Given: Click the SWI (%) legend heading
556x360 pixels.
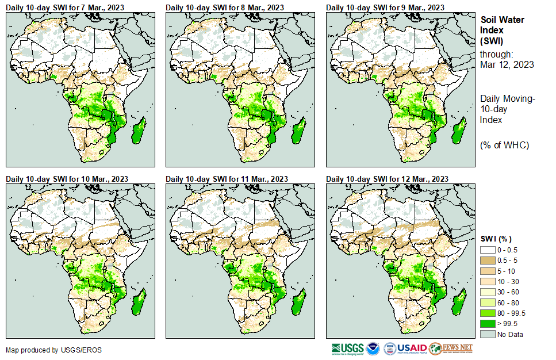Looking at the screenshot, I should coord(496,239).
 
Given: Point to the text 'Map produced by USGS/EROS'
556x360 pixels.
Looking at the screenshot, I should coord(54,350).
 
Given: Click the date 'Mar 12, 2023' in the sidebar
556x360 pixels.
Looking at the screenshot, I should coord(507,65).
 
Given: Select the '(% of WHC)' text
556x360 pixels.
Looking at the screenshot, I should coord(504,145).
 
